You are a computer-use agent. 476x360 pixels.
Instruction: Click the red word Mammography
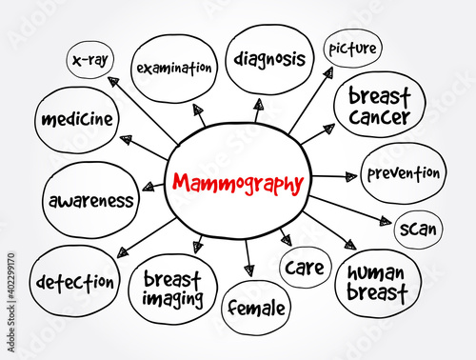coord(238,184)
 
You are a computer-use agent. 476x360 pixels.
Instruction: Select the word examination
coord(174,68)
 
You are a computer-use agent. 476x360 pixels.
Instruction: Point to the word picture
coord(352,49)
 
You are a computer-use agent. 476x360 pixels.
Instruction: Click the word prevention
coord(404,173)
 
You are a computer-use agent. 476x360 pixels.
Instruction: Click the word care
coord(305,268)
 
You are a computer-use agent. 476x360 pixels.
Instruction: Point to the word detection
coord(75,282)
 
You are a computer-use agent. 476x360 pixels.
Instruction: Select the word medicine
coord(77,119)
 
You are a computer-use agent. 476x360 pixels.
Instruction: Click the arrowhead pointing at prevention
coord(351,176)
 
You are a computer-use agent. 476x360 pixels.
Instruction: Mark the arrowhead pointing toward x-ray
coord(113,82)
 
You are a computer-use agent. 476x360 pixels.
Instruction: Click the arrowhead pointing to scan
coord(386,221)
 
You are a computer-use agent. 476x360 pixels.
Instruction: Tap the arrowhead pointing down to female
coord(249,271)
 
